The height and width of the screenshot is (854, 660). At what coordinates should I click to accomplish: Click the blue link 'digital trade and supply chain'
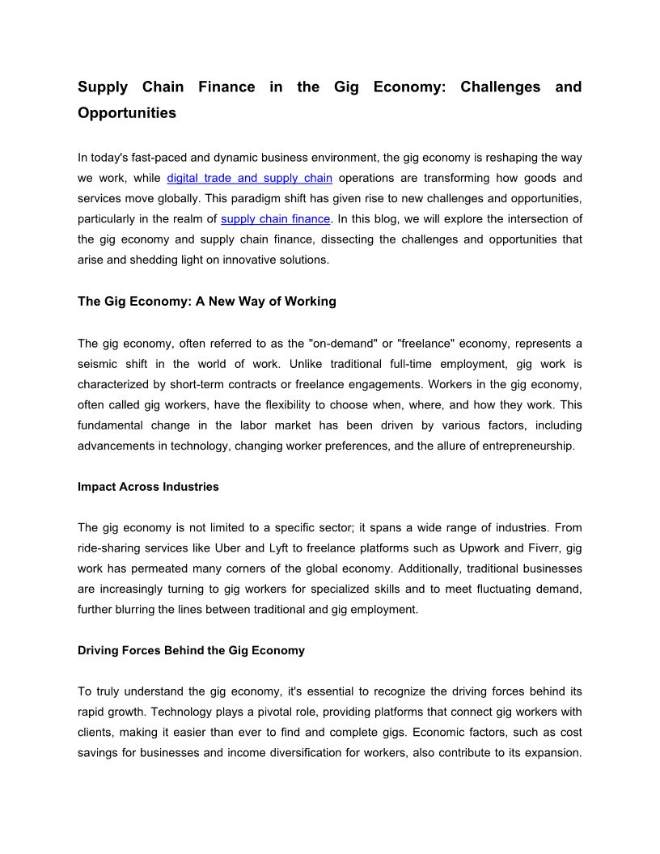[249, 178]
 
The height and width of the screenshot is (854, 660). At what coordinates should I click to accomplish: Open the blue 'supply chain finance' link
[275, 218]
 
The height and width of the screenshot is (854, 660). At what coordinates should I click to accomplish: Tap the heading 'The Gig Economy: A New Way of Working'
[207, 302]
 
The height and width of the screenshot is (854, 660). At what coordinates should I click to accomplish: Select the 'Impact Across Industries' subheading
[148, 487]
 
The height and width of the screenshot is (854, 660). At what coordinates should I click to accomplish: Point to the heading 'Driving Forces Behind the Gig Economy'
[191, 650]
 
